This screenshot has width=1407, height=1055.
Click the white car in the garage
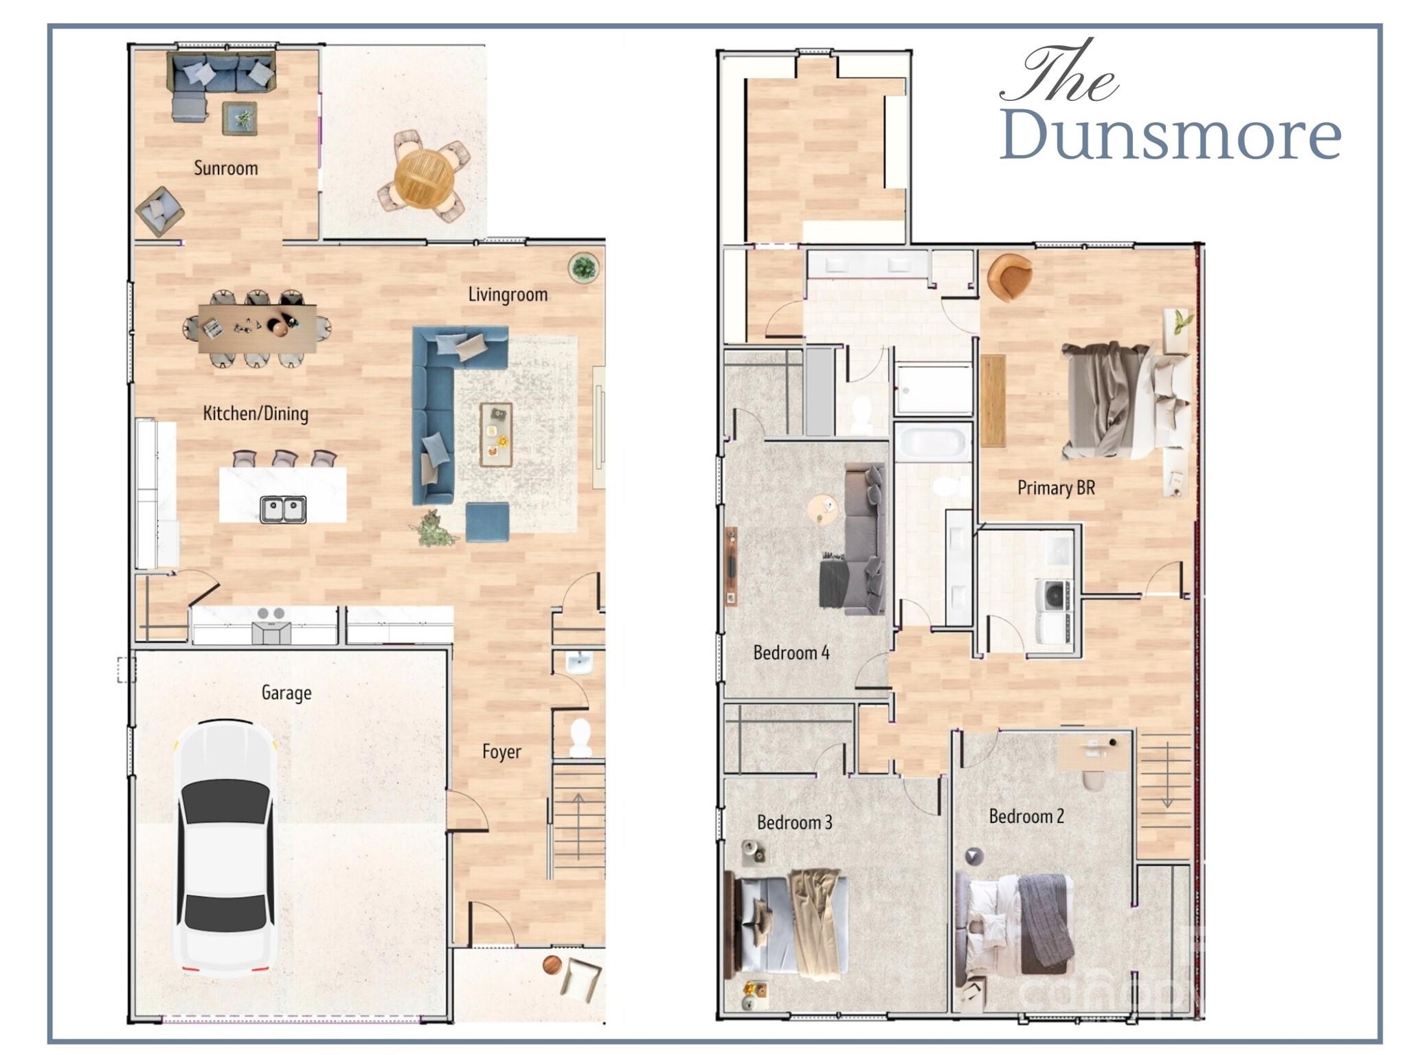tap(226, 848)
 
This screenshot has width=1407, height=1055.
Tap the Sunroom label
tap(226, 168)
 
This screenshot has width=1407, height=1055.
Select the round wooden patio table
tap(425, 175)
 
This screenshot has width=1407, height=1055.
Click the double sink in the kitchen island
tap(283, 509)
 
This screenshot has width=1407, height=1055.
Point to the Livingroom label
tap(508, 295)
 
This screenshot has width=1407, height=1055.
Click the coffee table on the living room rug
tap(496, 434)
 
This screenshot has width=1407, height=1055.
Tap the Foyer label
tap(502, 751)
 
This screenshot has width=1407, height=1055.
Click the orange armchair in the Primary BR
tap(1009, 277)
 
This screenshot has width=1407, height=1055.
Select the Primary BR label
tap(1056, 488)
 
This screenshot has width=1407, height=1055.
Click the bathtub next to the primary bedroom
tap(932, 442)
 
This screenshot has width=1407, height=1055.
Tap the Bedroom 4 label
tap(791, 653)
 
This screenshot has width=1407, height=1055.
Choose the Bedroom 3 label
tap(794, 822)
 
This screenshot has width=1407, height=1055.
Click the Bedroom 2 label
tap(1026, 816)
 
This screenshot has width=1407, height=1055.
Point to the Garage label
tap(286, 693)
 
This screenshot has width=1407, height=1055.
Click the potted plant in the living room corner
tap(584, 267)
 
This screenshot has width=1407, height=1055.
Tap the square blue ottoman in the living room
tap(487, 522)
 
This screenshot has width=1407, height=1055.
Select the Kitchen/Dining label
tap(256, 413)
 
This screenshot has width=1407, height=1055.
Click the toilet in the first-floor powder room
tap(581, 737)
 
